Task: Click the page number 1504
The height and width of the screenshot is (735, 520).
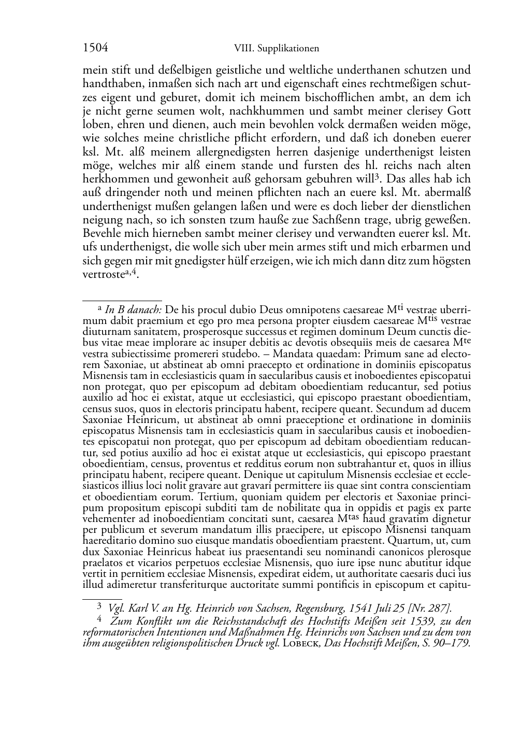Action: coord(95,48)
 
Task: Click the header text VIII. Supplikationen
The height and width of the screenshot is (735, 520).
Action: coord(276,49)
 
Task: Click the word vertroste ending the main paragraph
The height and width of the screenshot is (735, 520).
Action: coord(102,275)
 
